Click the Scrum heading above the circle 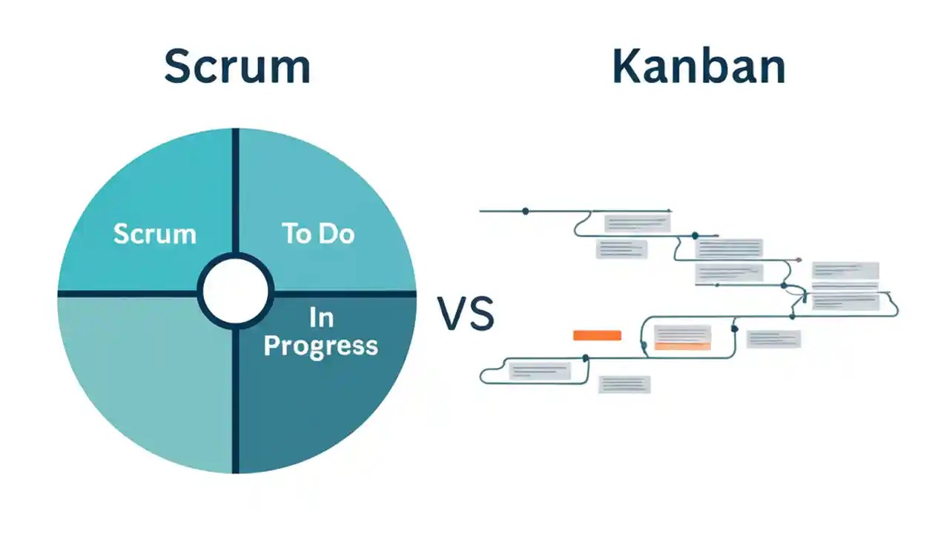click(x=237, y=66)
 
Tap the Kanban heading click(x=698, y=66)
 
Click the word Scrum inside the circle click(x=154, y=234)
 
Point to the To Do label click(x=318, y=234)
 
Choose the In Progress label click(x=320, y=332)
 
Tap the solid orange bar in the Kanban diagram click(x=597, y=335)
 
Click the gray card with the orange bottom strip click(x=682, y=337)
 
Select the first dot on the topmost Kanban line click(x=526, y=211)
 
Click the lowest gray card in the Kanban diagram click(x=624, y=384)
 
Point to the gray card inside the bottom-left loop click(x=539, y=370)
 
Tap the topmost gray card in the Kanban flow click(x=637, y=222)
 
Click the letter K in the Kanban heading click(x=626, y=66)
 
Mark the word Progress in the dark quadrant click(x=320, y=346)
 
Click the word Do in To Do click(x=337, y=234)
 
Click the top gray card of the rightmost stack click(x=845, y=271)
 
